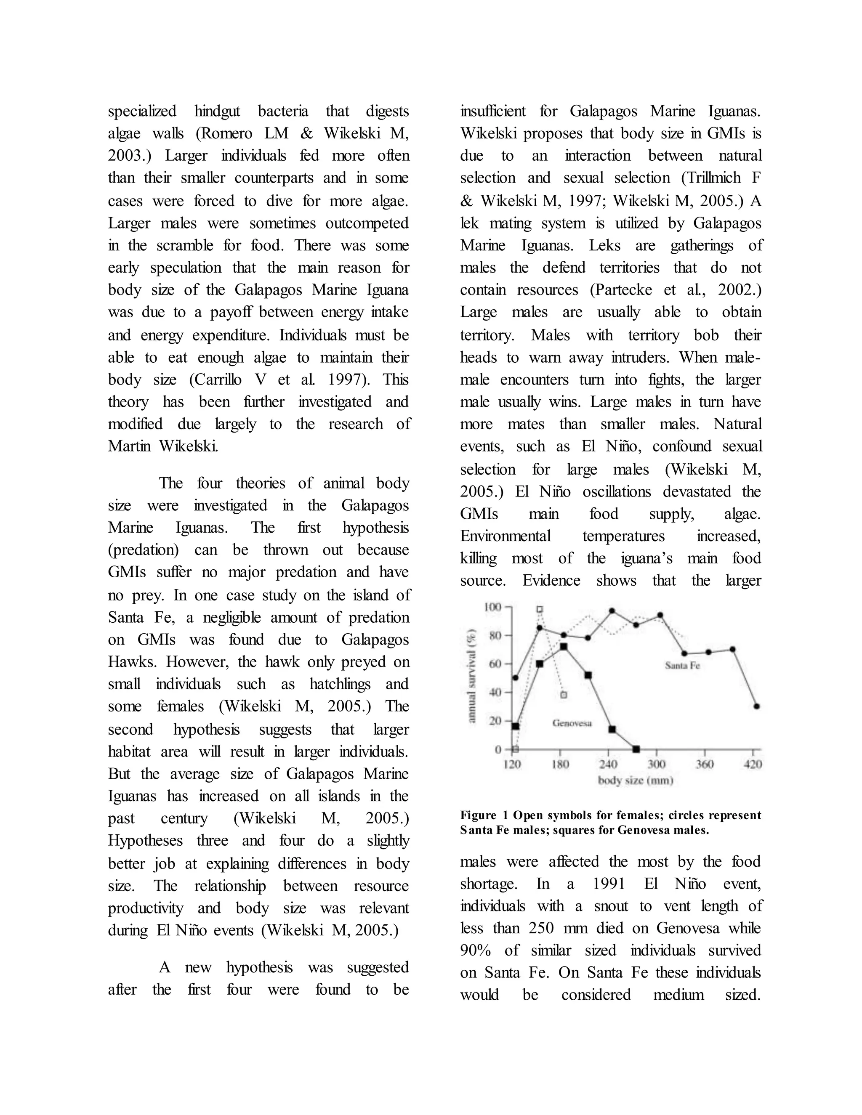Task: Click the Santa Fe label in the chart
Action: pyautogui.click(x=682, y=666)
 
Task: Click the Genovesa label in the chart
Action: pyautogui.click(x=572, y=723)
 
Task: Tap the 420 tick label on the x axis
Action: pyautogui.click(x=753, y=764)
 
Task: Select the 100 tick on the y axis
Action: pyautogui.click(x=493, y=607)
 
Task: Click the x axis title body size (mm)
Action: pyautogui.click(x=635, y=780)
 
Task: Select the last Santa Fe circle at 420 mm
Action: pyautogui.click(x=756, y=706)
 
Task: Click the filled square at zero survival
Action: pyautogui.click(x=636, y=749)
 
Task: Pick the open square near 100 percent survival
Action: pyautogui.click(x=540, y=609)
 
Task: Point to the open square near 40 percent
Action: pyautogui.click(x=564, y=695)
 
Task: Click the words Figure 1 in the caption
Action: pyautogui.click(x=479, y=815)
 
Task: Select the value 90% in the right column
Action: pyautogui.click(x=476, y=950)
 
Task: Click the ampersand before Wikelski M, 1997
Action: pyautogui.click(x=466, y=201)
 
